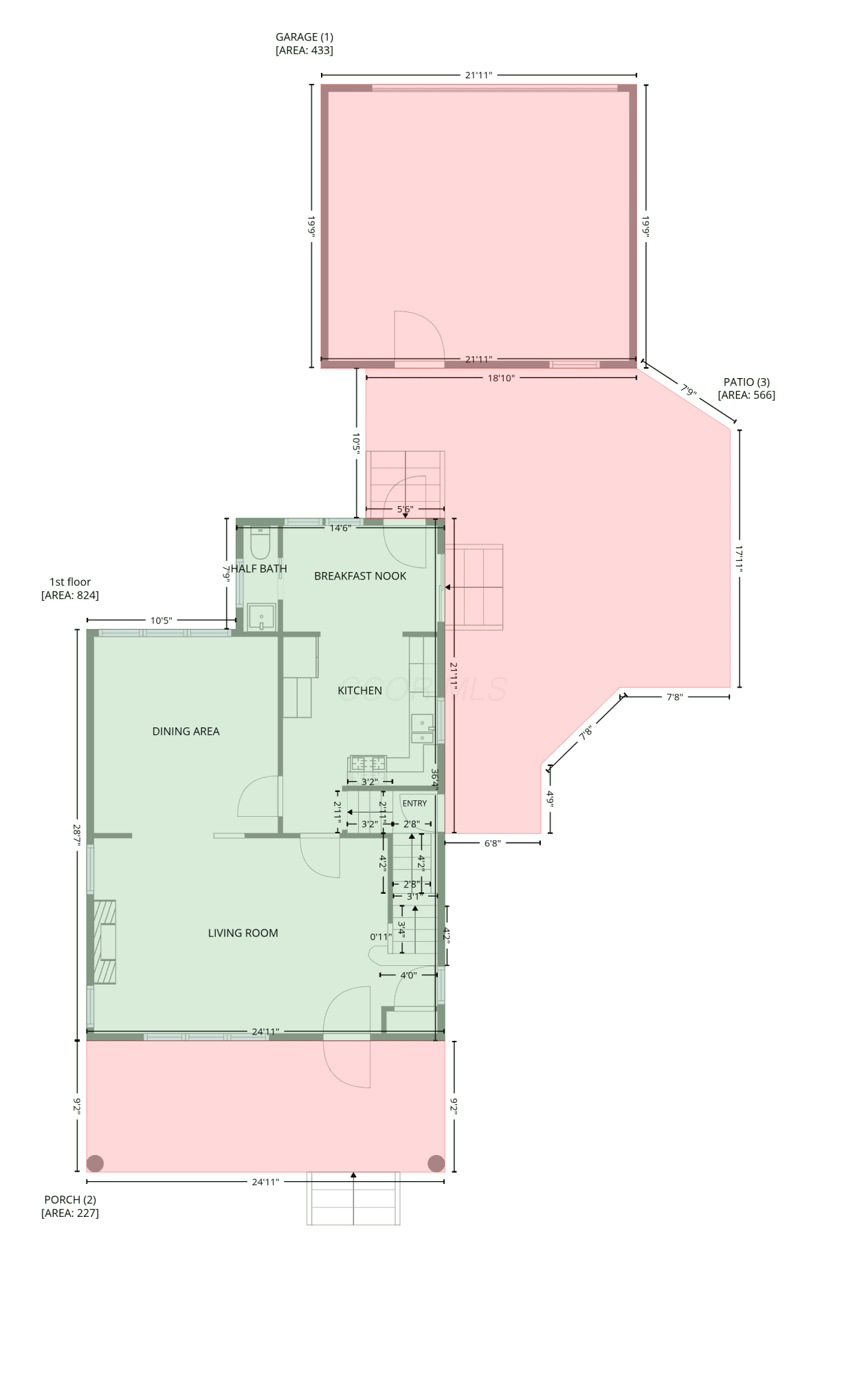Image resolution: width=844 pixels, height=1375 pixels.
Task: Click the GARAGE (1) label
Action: [x=304, y=37]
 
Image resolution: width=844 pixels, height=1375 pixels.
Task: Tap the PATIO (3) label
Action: [x=746, y=382]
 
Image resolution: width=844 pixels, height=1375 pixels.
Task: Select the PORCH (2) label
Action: [x=70, y=1200]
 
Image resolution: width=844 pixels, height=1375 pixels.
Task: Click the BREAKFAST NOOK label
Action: [x=360, y=576]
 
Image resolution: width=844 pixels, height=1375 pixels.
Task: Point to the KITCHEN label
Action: [x=359, y=690]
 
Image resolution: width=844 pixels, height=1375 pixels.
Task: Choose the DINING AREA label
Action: [x=186, y=731]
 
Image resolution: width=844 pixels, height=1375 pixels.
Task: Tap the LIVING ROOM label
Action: [x=243, y=933]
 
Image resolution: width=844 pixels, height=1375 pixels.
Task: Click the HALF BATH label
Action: [x=259, y=569]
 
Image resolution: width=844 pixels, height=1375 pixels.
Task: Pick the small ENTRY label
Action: [x=414, y=803]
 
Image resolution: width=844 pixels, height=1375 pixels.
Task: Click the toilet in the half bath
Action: [x=260, y=543]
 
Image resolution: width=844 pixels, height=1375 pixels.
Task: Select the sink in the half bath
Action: [x=261, y=617]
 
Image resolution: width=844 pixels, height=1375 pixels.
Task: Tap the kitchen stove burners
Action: [x=368, y=764]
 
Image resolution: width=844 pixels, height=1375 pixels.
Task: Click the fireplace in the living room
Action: [x=104, y=942]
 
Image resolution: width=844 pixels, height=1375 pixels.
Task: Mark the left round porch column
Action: [x=96, y=1163]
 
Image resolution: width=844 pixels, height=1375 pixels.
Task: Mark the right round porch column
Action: [x=436, y=1163]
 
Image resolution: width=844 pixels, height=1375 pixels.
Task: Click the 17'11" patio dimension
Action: [x=740, y=559]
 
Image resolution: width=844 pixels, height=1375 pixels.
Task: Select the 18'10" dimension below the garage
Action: [x=501, y=378]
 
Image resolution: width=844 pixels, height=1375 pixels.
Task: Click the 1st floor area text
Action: [x=70, y=595]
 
